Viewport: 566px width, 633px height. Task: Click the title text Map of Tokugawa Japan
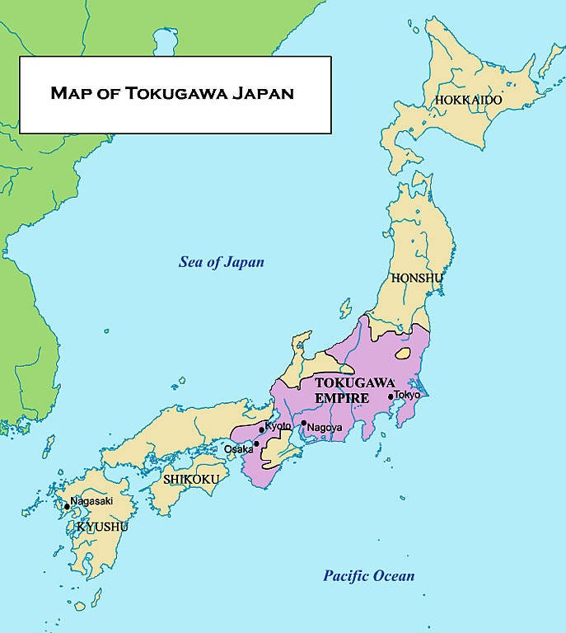tap(171, 92)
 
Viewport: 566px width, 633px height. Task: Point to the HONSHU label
tap(417, 278)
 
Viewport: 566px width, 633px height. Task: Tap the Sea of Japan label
tap(222, 262)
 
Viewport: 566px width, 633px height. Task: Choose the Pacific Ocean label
tap(368, 575)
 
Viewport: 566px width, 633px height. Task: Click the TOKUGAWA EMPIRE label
tap(344, 391)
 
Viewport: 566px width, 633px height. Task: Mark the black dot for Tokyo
tap(391, 396)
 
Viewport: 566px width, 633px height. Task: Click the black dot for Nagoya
tap(303, 424)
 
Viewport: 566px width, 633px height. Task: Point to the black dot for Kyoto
tap(262, 429)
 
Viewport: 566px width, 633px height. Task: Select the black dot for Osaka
tap(256, 443)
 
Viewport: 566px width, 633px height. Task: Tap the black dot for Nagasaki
tap(67, 507)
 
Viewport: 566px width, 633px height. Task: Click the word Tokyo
tap(407, 395)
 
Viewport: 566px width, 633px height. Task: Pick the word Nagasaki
tap(91, 500)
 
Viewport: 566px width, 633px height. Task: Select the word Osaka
tap(238, 449)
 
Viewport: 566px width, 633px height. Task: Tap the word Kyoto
tap(278, 425)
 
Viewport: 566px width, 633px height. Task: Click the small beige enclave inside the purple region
tap(404, 354)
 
